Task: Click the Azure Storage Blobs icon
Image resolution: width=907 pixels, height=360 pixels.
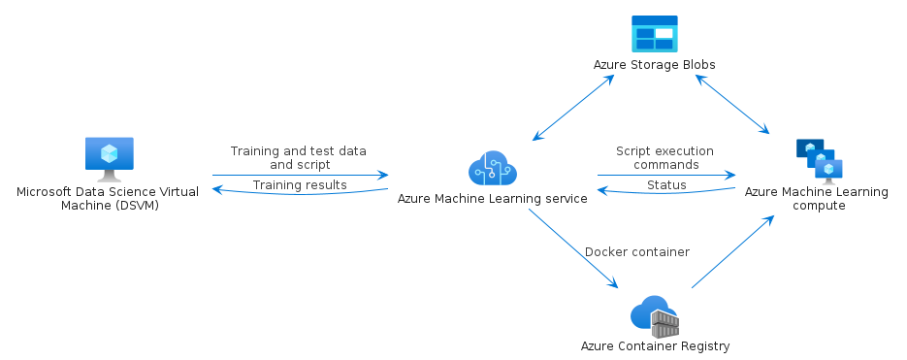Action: click(654, 34)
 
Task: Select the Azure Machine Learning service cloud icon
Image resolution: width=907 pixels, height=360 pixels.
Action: click(492, 168)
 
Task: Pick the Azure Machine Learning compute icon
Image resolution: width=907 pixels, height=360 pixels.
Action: click(819, 161)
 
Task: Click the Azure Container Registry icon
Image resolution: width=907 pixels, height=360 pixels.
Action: click(654, 316)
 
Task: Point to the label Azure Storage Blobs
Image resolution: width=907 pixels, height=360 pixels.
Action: click(654, 65)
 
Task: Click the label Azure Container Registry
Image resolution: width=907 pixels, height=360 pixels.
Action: click(656, 346)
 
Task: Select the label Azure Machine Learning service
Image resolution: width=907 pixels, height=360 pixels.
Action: click(492, 199)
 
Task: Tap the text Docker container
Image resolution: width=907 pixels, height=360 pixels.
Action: click(637, 252)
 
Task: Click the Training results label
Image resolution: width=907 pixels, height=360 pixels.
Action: click(300, 185)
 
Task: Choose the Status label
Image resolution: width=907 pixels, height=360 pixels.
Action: click(666, 185)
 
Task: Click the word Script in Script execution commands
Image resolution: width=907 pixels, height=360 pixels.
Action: click(632, 151)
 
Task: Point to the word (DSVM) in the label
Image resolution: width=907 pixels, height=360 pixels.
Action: click(140, 206)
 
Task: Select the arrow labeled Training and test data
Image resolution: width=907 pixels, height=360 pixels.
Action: click(300, 175)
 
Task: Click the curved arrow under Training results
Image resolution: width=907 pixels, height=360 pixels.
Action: click(300, 193)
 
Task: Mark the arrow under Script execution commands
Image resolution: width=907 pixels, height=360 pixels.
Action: click(666, 175)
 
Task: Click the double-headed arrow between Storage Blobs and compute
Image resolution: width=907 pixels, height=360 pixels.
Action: click(732, 105)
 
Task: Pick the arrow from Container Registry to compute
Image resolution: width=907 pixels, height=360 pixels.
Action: click(733, 251)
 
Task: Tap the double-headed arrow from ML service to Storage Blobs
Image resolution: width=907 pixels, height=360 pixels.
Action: click(573, 108)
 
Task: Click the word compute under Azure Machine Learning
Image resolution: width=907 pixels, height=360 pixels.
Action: click(819, 206)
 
